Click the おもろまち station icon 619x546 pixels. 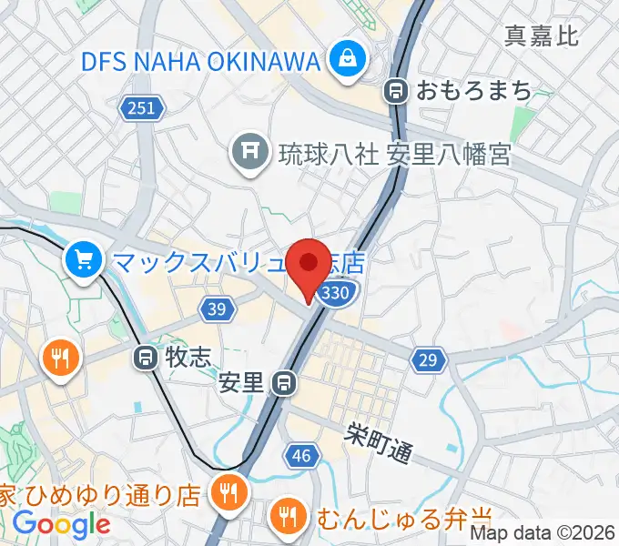pyautogui.click(x=397, y=90)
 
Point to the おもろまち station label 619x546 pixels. pyautogui.click(x=473, y=90)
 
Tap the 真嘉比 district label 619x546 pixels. pyautogui.click(x=543, y=35)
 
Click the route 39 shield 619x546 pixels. pyautogui.click(x=216, y=310)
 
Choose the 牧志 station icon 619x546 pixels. pyautogui.click(x=146, y=358)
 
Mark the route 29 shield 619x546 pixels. pyautogui.click(x=428, y=360)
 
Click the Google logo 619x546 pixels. pyautogui.click(x=62, y=524)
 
